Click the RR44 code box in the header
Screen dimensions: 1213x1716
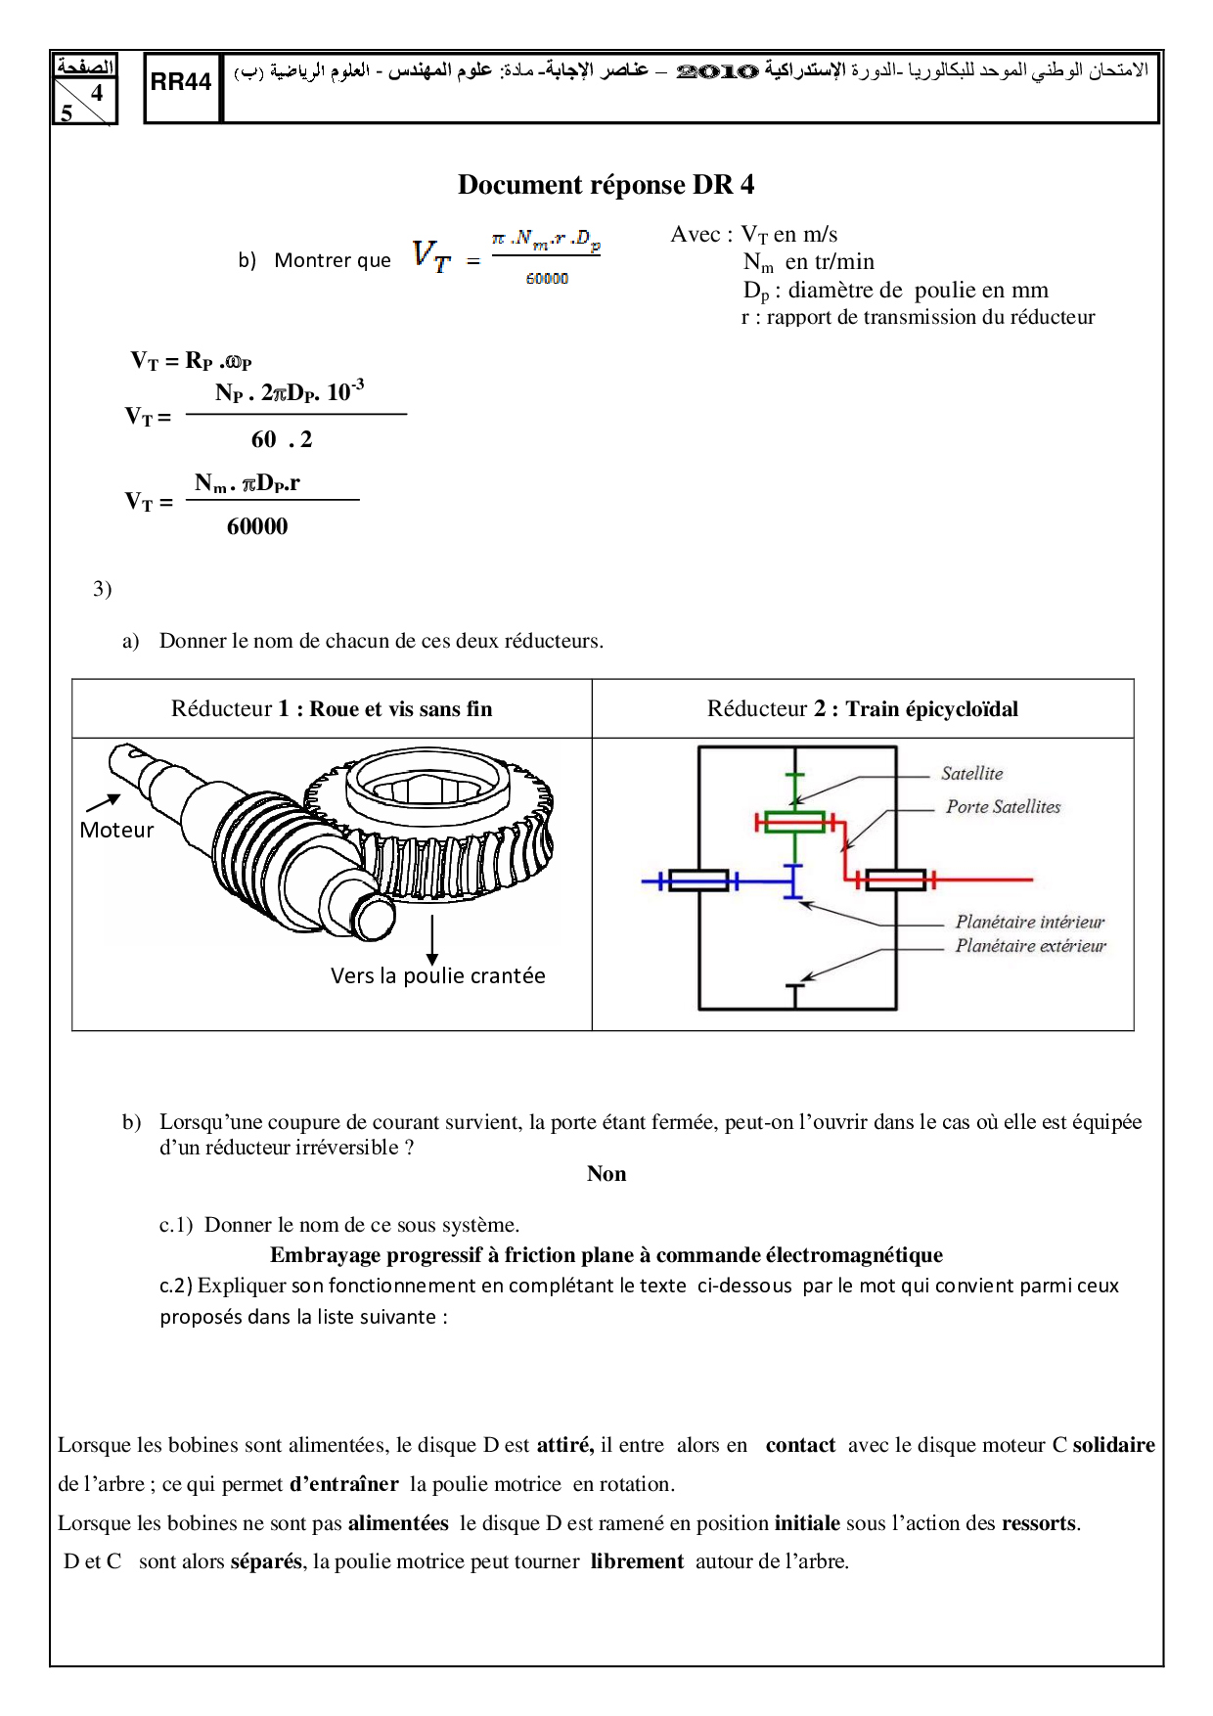pyautogui.click(x=181, y=87)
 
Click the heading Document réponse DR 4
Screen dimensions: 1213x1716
pyautogui.click(x=606, y=185)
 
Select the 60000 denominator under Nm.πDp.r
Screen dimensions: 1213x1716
pyautogui.click(x=257, y=526)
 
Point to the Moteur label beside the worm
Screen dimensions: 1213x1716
pyautogui.click(x=116, y=830)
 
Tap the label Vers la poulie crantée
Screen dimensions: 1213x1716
pyautogui.click(x=437, y=975)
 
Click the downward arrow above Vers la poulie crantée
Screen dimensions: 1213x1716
pyautogui.click(x=431, y=940)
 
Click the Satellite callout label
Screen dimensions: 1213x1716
pyautogui.click(x=972, y=773)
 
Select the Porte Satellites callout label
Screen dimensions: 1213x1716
pyautogui.click(x=1003, y=807)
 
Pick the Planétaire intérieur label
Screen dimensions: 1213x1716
pyautogui.click(x=1029, y=922)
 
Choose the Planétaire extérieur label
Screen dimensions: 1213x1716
pyautogui.click(x=1030, y=946)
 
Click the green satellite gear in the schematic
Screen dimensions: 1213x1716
pyautogui.click(x=794, y=822)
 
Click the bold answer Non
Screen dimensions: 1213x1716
pyautogui.click(x=606, y=1174)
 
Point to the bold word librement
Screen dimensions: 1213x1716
pyautogui.click(x=637, y=1561)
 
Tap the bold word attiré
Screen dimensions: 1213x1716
pyautogui.click(x=564, y=1445)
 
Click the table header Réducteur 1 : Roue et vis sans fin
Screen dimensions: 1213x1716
pyautogui.click(x=332, y=709)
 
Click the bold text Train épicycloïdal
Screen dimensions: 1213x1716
pyautogui.click(x=931, y=709)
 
